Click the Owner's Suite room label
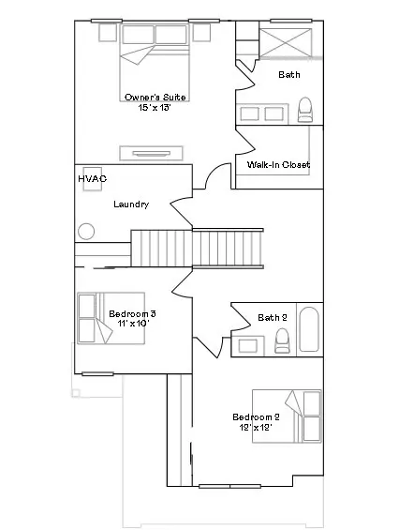click(x=155, y=98)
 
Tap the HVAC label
click(x=93, y=178)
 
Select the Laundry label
click(x=131, y=204)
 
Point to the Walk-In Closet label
click(x=278, y=164)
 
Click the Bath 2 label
click(x=273, y=317)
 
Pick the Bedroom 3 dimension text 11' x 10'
click(x=133, y=324)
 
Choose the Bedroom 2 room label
click(x=256, y=417)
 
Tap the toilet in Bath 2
click(x=282, y=341)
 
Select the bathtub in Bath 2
click(x=309, y=329)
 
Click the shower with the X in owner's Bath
click(x=286, y=42)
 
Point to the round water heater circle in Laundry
click(x=86, y=232)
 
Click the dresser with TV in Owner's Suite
click(x=151, y=154)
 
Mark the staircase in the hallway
click(x=197, y=249)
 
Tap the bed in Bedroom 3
click(x=111, y=318)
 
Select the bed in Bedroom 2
click(x=287, y=416)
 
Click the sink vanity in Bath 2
click(x=248, y=345)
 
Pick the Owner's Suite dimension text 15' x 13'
click(x=155, y=108)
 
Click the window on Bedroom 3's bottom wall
click(x=97, y=374)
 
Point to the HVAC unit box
click(x=93, y=179)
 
